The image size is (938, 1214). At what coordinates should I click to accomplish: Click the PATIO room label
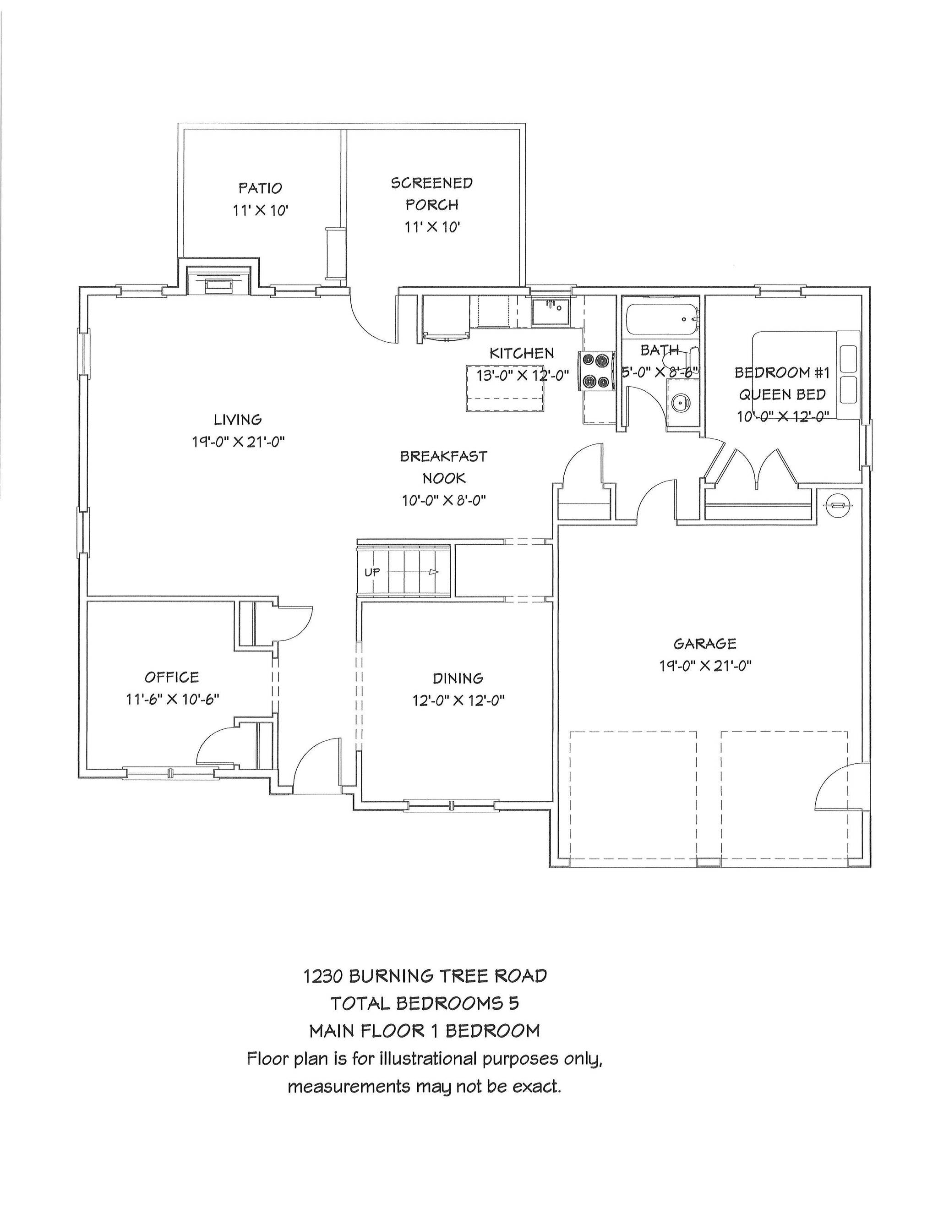(x=260, y=188)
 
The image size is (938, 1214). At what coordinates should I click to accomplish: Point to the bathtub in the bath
(x=661, y=319)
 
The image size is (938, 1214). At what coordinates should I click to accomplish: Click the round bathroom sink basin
(x=680, y=402)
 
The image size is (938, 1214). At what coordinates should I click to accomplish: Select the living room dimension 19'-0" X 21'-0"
(x=238, y=443)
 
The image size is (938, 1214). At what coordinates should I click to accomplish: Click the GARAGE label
(x=704, y=644)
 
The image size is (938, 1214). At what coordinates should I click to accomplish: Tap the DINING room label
(x=458, y=678)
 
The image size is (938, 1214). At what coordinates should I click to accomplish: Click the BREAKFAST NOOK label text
(x=443, y=467)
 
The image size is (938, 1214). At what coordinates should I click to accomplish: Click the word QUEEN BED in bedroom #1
(x=782, y=394)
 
